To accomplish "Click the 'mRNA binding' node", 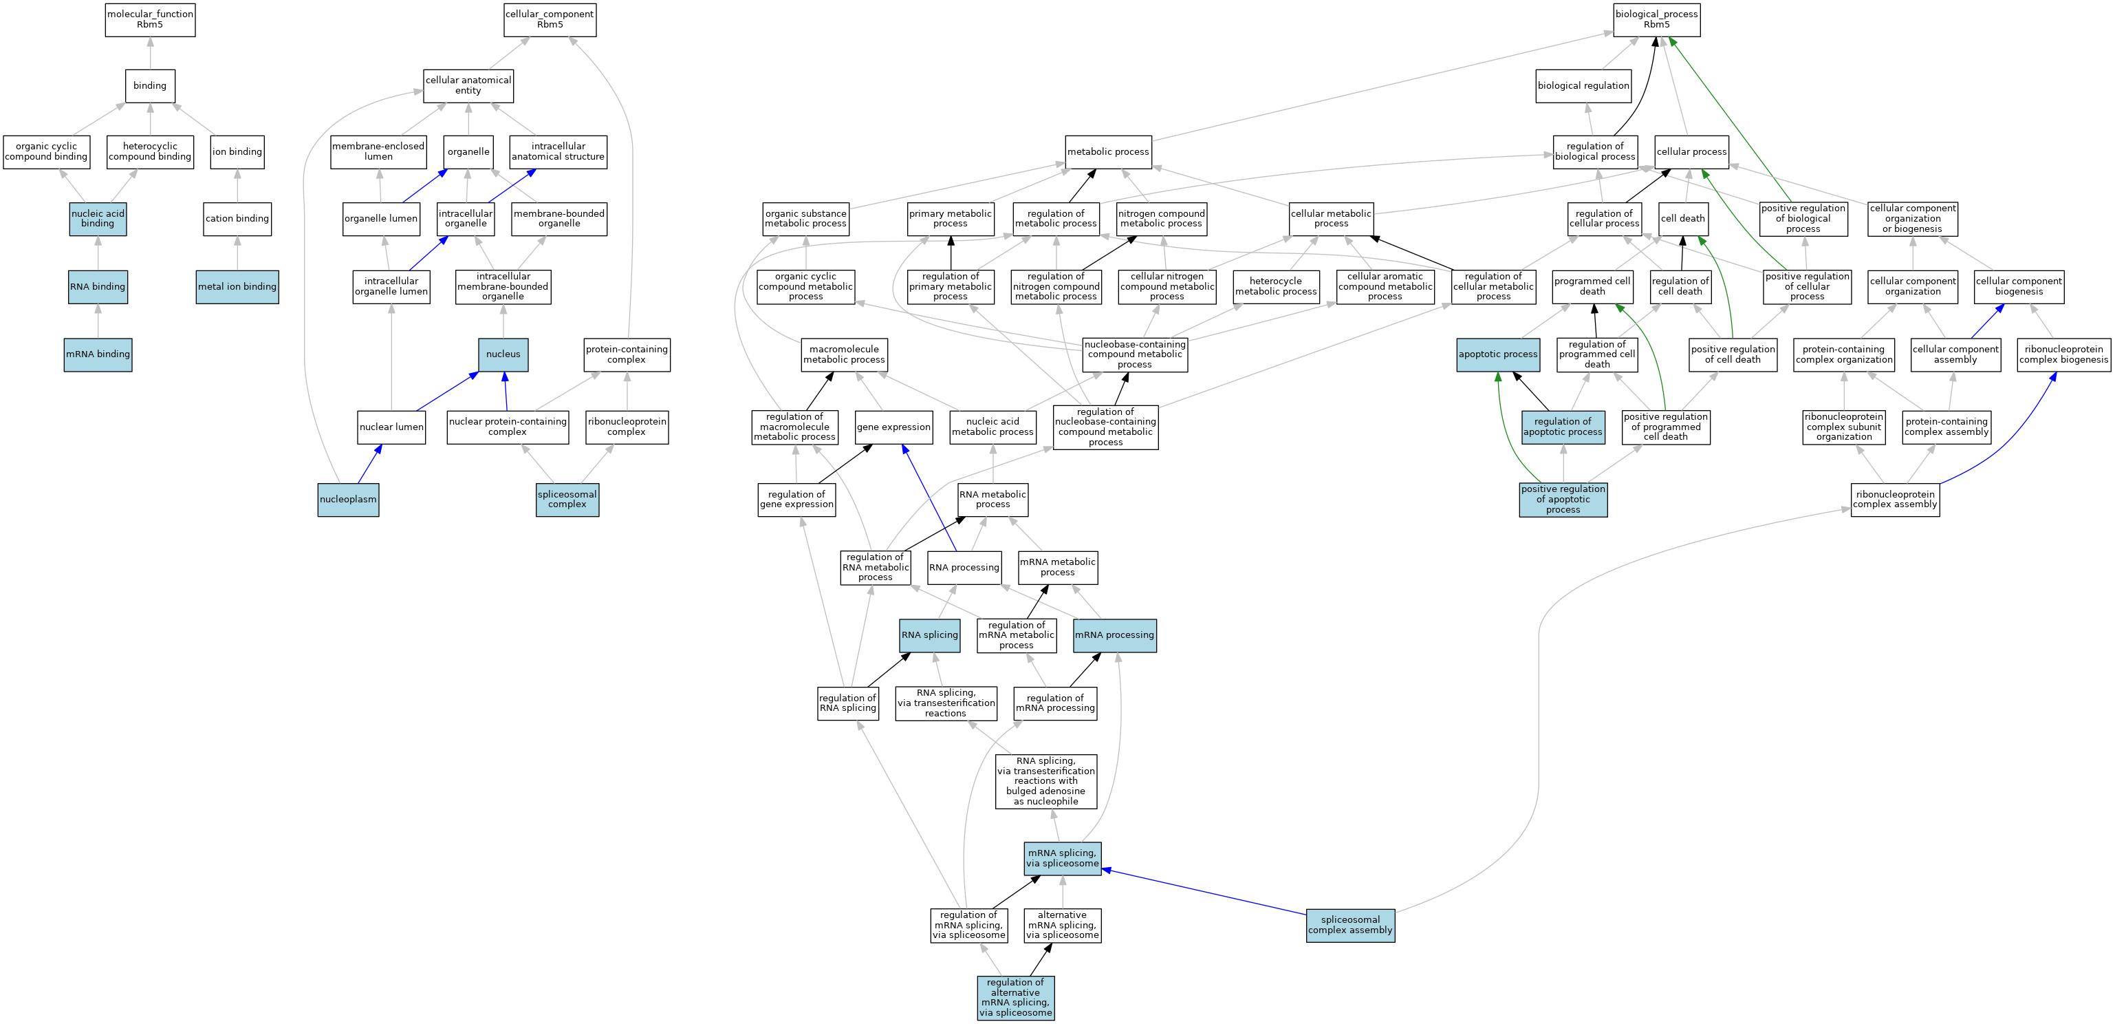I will click(98, 354).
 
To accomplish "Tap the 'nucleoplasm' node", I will click(348, 500).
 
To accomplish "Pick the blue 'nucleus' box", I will click(503, 354).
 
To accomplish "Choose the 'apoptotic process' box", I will click(1497, 354).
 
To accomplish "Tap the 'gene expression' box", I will click(893, 427).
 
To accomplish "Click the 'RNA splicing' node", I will click(929, 634).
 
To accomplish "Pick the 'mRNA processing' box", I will click(1114, 634).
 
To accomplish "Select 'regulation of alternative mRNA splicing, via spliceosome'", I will click(1016, 998).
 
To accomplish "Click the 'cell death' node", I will click(1683, 218).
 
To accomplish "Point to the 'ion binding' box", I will click(237, 152).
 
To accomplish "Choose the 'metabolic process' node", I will click(1109, 152).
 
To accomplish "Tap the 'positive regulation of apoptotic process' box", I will click(1563, 500).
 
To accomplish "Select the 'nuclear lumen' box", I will click(391, 427).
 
